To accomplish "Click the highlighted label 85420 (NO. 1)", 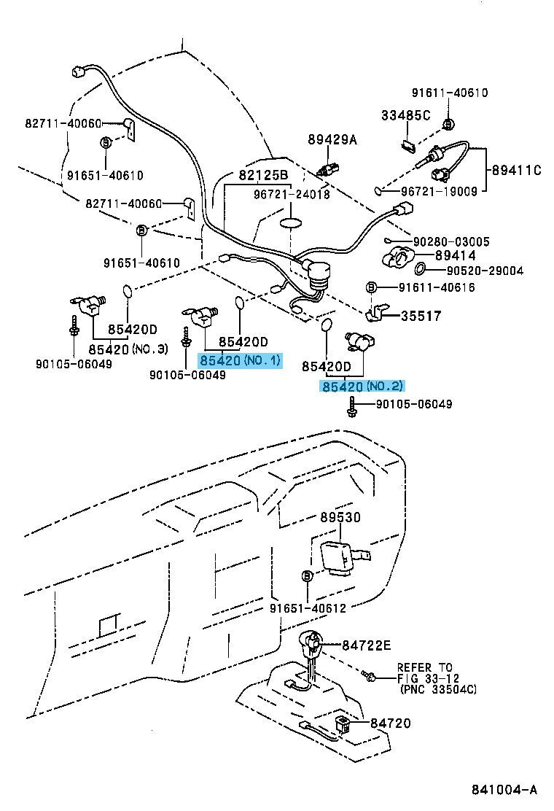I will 240,360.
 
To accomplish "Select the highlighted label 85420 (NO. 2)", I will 362,386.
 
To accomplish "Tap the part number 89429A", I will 332,141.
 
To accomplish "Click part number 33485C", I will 406,115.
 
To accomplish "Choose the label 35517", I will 421,317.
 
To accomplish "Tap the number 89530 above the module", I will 339,517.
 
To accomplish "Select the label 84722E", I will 367,645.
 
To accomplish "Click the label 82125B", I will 263,175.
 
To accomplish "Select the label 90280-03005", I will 451,241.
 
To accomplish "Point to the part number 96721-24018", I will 292,195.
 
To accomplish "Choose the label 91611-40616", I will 436,287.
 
